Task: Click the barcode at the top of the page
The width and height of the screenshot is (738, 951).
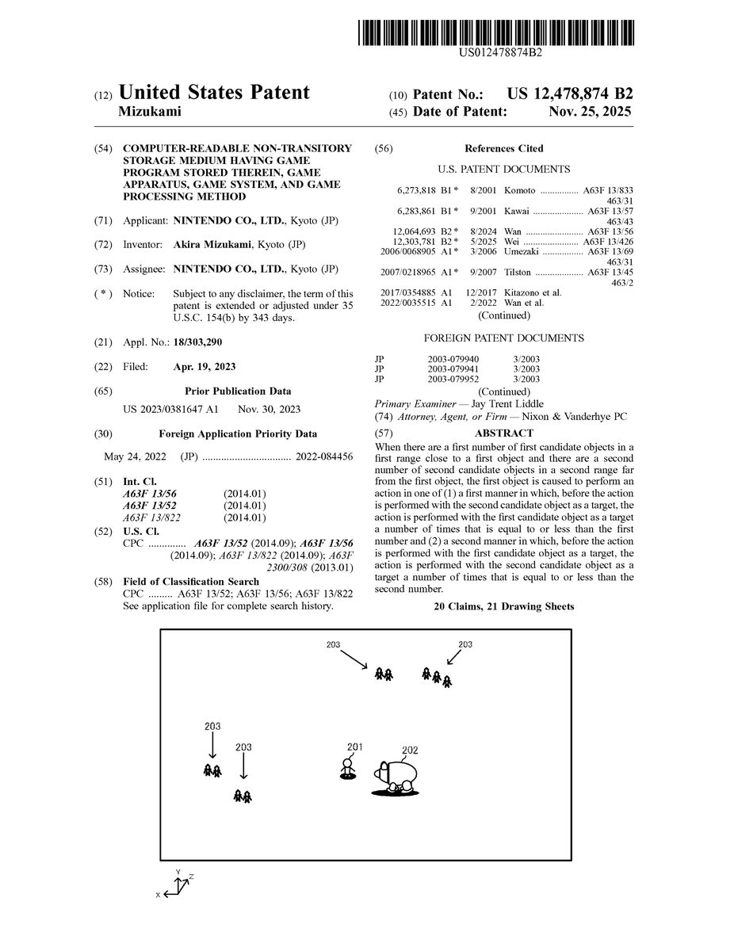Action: [x=495, y=32]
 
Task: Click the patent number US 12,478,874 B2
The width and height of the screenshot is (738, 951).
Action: [x=570, y=94]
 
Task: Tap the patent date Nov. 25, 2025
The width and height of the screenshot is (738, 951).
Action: [x=590, y=112]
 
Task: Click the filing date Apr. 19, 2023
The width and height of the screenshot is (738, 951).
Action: [x=205, y=367]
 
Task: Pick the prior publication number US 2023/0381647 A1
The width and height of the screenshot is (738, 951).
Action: [x=170, y=409]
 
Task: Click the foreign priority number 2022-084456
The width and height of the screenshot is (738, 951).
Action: [x=324, y=457]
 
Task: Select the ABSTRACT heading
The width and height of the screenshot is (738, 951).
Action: [x=503, y=433]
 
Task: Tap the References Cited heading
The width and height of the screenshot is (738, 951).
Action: [x=503, y=148]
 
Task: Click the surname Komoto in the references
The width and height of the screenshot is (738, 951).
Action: [x=520, y=191]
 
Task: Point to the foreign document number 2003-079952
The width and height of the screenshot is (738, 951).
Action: [x=453, y=379]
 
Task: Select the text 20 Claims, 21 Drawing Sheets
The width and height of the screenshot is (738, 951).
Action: [x=503, y=606]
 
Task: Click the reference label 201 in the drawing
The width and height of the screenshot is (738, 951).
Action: [x=354, y=747]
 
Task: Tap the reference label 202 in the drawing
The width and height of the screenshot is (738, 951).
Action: [x=410, y=750]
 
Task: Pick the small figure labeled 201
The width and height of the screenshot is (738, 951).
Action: [x=346, y=768]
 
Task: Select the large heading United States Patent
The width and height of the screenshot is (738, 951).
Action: [x=213, y=93]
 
